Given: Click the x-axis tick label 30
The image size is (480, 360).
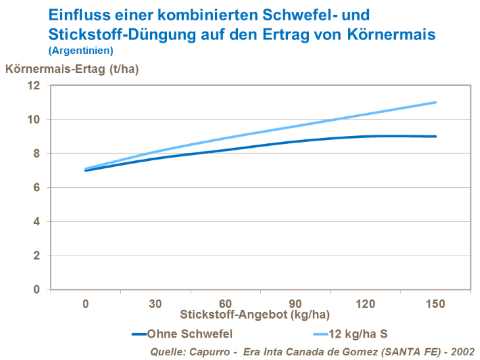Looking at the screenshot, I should click(x=155, y=304).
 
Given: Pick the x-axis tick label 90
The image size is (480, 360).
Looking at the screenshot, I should click(x=295, y=304).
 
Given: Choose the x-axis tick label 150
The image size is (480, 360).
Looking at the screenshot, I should click(x=435, y=304).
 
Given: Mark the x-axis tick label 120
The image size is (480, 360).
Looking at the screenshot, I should click(x=366, y=304).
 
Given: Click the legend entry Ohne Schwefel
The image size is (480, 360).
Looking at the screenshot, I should click(x=190, y=333).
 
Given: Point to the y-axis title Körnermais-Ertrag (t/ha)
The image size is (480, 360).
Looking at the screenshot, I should click(x=72, y=68).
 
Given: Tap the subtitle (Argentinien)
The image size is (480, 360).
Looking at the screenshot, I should click(x=81, y=50).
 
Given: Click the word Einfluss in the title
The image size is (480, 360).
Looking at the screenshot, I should click(x=74, y=14).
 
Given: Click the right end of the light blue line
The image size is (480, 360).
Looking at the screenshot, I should click(x=435, y=102).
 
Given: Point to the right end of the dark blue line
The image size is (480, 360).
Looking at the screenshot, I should click(x=435, y=137).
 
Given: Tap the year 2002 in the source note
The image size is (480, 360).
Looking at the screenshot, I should click(x=462, y=351).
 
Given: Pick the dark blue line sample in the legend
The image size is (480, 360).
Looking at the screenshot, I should click(x=139, y=333).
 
